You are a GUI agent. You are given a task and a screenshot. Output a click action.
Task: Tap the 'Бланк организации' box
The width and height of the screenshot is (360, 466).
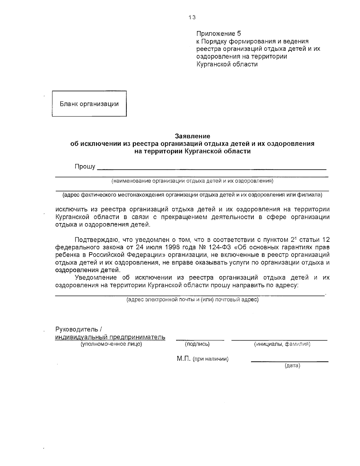89,104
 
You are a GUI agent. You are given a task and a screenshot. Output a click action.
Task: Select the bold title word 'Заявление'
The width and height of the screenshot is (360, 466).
192,136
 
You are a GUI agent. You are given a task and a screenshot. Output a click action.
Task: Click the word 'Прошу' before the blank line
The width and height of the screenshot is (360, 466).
85,166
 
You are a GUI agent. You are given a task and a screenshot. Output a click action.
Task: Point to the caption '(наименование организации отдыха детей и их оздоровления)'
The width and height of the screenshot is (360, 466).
192,181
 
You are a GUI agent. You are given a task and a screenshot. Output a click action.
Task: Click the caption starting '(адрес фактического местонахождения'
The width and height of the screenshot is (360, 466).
192,195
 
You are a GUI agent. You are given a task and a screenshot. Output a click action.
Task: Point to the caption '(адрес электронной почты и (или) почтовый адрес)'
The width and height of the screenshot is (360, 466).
192,299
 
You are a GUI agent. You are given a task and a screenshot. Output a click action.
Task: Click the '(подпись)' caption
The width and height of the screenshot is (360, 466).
197,344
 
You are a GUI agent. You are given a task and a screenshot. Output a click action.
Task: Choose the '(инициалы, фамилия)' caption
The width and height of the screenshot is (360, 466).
282,344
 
